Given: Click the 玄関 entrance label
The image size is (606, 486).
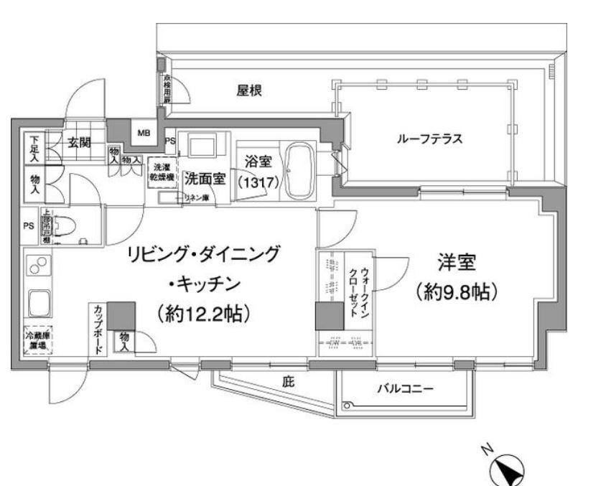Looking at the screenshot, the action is point(80,141).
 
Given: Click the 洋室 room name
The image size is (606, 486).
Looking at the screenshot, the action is point(456,263).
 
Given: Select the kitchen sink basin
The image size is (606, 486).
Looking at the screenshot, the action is point(36,301).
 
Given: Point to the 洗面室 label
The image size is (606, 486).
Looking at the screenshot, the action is point(204,177).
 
